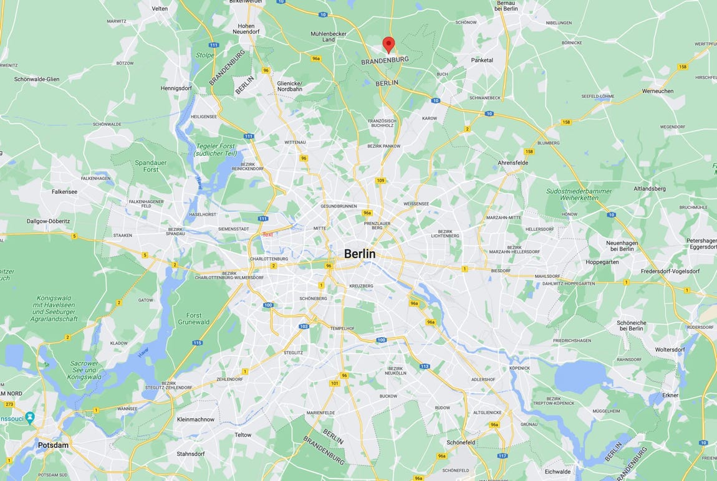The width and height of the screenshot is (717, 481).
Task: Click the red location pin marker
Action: tap(388, 44)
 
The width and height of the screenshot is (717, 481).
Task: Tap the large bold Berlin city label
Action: tap(360, 254)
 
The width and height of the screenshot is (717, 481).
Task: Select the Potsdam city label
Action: tap(53, 445)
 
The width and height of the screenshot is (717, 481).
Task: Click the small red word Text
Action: tap(267, 234)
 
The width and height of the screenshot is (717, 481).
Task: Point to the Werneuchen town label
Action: tap(657, 91)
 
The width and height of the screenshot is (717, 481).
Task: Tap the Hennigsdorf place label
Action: tap(179, 88)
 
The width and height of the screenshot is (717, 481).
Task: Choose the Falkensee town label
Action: tap(64, 191)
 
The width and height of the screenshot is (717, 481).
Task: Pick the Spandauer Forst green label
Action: tap(151, 166)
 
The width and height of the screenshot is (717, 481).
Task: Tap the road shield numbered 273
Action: tap(9, 404)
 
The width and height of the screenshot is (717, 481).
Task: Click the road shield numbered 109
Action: tap(380, 181)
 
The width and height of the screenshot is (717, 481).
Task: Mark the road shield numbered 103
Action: tap(304, 326)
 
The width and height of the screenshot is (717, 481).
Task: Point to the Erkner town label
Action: tap(671, 395)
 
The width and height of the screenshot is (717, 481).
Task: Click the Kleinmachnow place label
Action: tap(195, 419)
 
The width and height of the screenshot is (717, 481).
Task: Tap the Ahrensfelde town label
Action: tap(513, 163)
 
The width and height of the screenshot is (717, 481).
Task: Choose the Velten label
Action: tap(160, 8)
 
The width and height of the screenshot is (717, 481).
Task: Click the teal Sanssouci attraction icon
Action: tap(30, 417)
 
